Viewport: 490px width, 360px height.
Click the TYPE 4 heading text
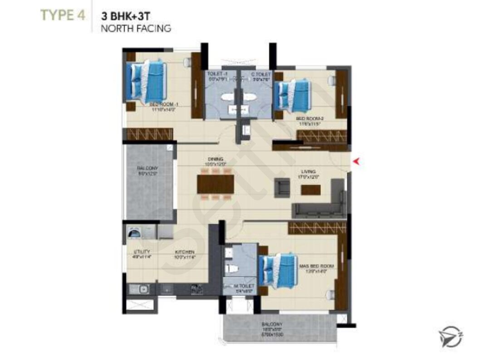pyautogui.click(x=63, y=15)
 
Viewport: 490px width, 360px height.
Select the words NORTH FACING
pyautogui.click(x=136, y=28)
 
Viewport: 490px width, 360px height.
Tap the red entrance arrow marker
pyautogui.click(x=357, y=160)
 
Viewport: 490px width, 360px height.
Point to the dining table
pyautogui.click(x=215, y=184)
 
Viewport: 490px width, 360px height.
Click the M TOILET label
pyautogui.click(x=244, y=286)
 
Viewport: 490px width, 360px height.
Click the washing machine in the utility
pyautogui.click(x=135, y=233)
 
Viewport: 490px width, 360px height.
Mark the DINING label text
pyautogui.click(x=215, y=159)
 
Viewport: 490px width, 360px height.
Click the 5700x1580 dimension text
pyautogui.click(x=272, y=335)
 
